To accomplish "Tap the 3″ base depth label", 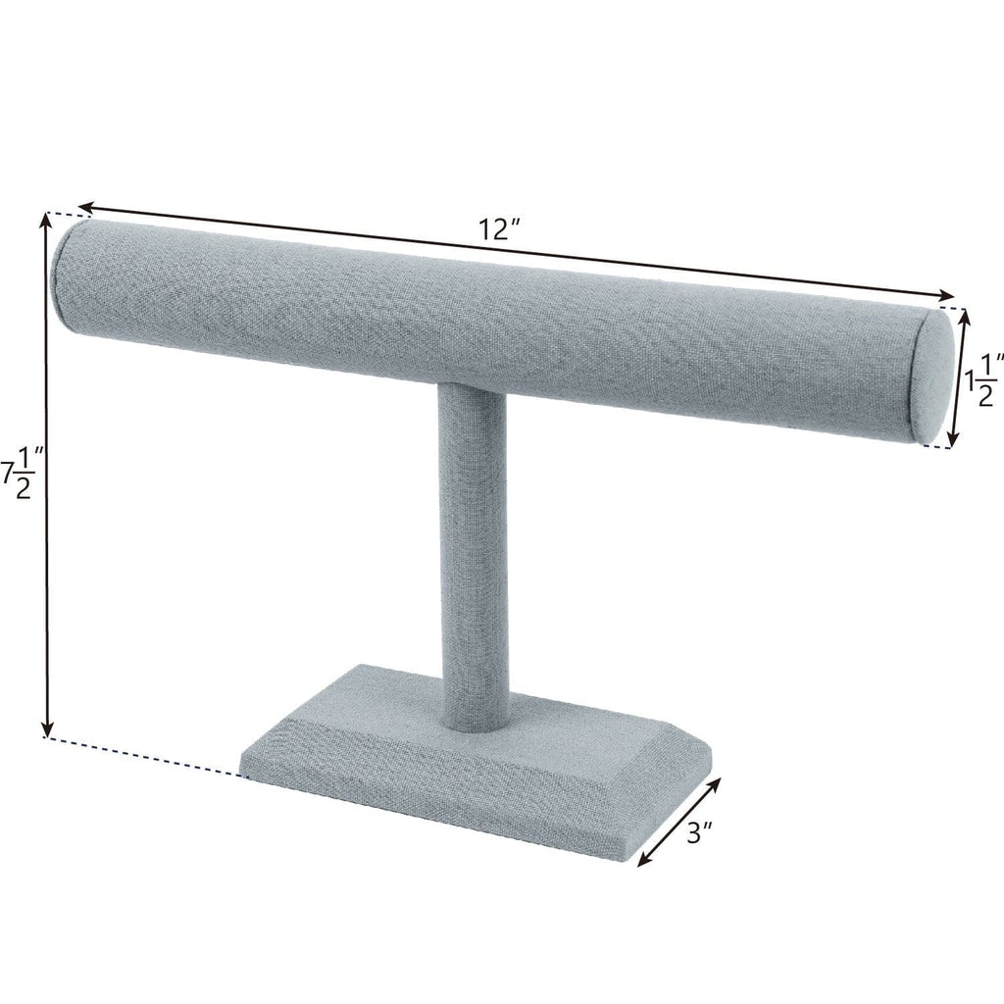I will pos(699,834).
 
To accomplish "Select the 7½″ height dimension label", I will pos(23,470).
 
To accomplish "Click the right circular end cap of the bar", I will pos(936,378).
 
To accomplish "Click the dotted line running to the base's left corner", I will pos(147,756).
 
